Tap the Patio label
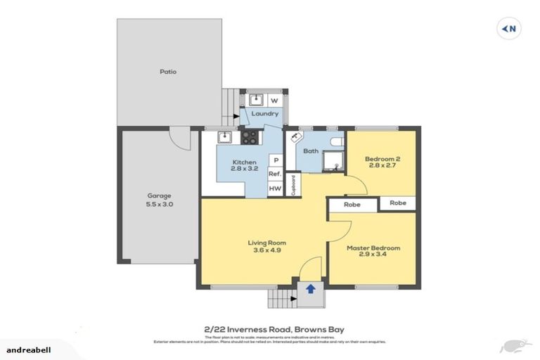point(167,72)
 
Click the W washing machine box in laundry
point(274,101)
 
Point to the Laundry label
point(265,114)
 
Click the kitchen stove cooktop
point(249,138)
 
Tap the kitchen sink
point(224,138)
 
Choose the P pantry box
point(276,160)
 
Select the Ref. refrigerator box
point(275,174)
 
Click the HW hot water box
point(275,188)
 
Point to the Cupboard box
point(294,184)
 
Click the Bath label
point(311,151)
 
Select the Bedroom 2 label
point(382,163)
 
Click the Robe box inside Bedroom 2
point(398,202)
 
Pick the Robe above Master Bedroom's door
point(353,205)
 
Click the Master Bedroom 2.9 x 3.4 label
point(373,252)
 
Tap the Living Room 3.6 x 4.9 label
point(266,247)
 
